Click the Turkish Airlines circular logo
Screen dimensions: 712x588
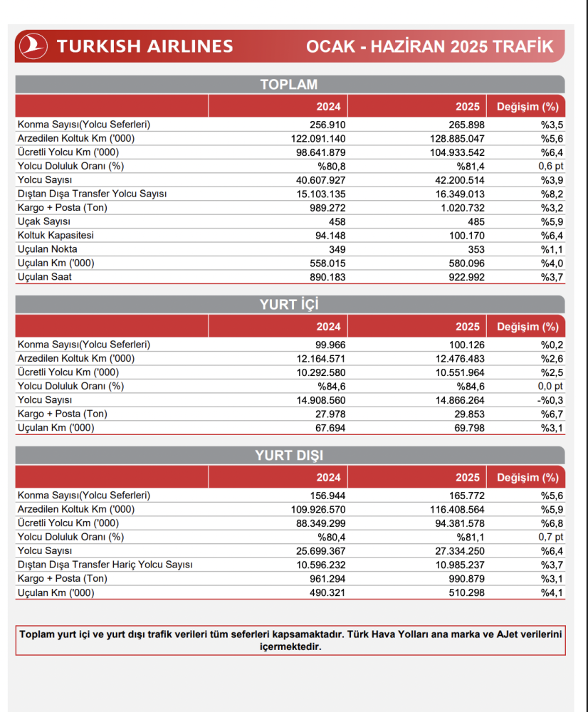tap(33, 46)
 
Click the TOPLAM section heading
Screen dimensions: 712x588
tap(288, 85)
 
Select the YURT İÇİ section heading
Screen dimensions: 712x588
tap(288, 305)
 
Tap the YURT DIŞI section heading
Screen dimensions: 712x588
tap(288, 456)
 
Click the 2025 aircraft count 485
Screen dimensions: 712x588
tap(476, 221)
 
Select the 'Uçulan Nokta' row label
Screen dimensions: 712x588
tap(48, 249)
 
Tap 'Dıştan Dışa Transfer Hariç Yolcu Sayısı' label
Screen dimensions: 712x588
tap(105, 565)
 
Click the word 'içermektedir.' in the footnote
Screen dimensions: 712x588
tap(291, 646)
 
